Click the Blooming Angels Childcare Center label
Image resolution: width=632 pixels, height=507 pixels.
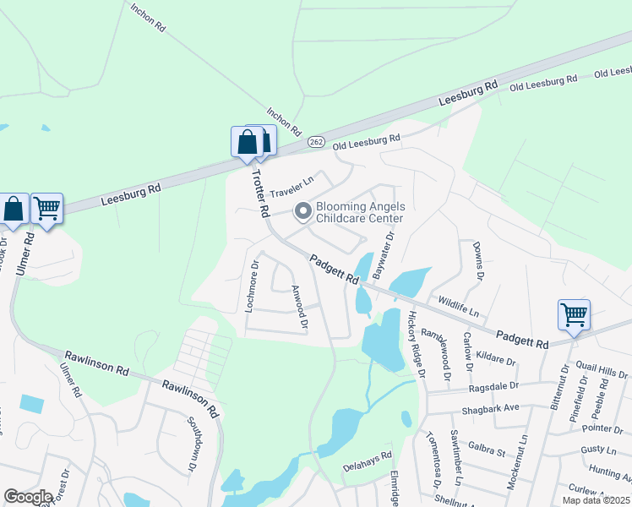(x=361, y=212)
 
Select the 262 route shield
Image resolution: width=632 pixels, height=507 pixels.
(x=315, y=141)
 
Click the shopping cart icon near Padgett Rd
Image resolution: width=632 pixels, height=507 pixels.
(x=574, y=315)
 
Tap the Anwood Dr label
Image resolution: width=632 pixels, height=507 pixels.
(x=298, y=305)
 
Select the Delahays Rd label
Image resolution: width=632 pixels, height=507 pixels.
(x=368, y=460)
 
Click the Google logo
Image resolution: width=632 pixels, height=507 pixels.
(x=28, y=497)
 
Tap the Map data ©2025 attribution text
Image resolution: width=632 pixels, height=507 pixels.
(x=596, y=500)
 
